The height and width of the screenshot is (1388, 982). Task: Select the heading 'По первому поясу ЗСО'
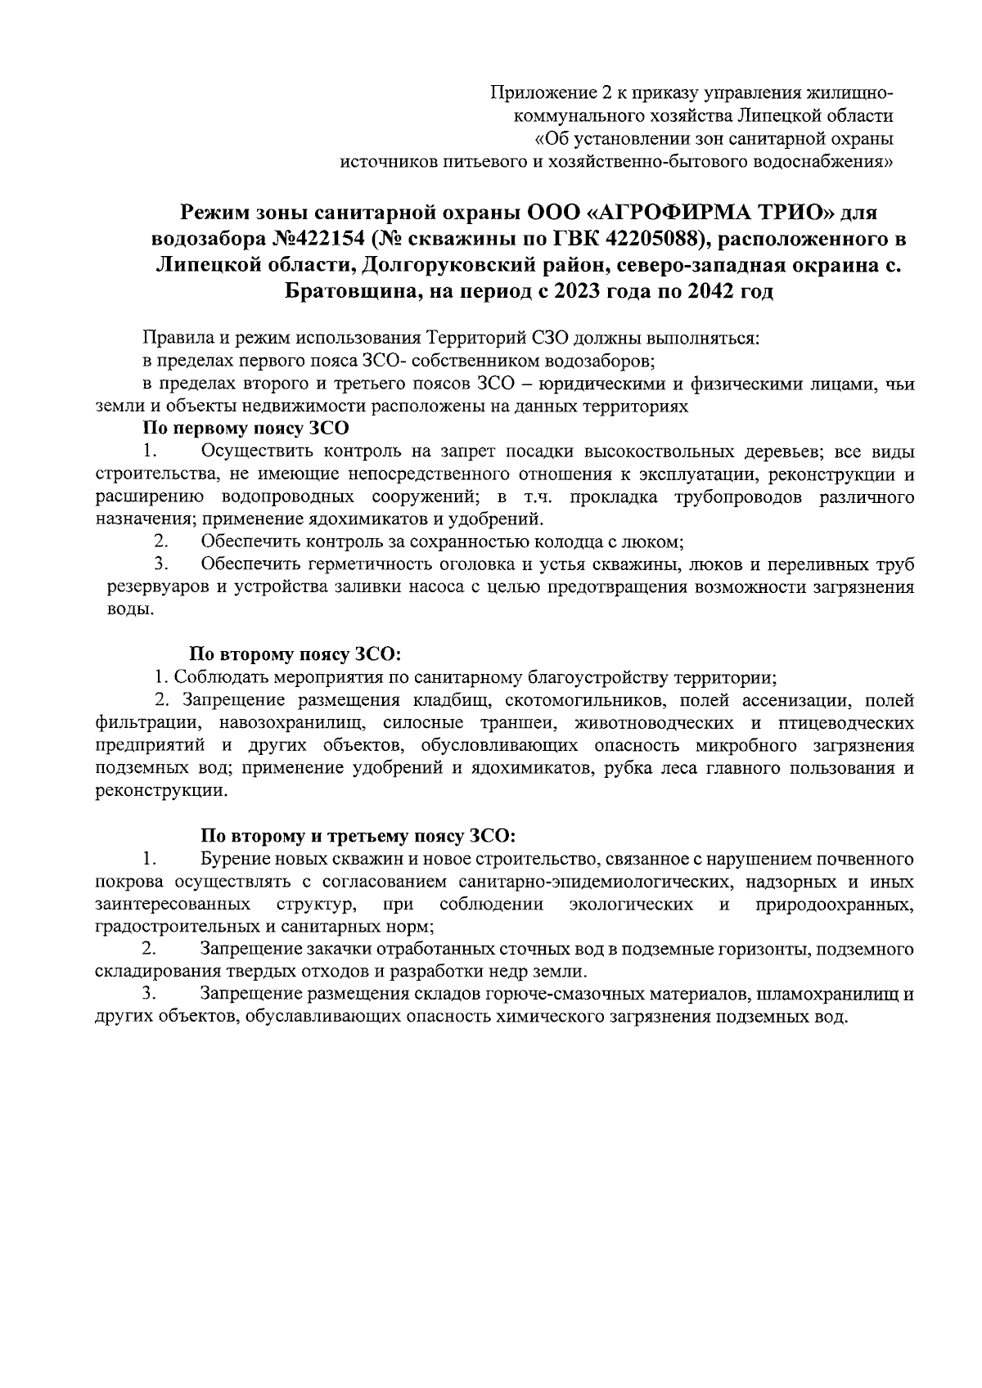click(245, 427)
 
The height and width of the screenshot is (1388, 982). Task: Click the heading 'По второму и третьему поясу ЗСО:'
click(358, 836)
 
